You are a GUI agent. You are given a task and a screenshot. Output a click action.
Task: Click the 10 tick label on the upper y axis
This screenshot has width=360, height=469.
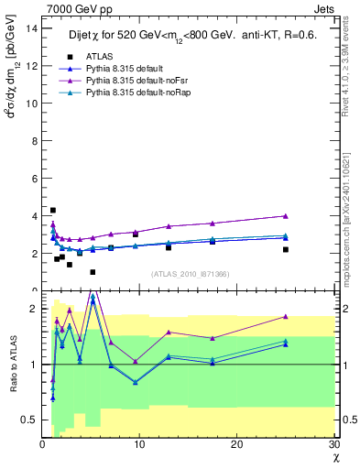pyautogui.click(x=31, y=103)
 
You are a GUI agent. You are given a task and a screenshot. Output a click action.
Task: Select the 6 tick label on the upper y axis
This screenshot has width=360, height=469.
pyautogui.click(x=34, y=178)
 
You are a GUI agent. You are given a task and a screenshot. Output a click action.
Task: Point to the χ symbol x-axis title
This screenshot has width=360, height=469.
pyautogui.click(x=335, y=457)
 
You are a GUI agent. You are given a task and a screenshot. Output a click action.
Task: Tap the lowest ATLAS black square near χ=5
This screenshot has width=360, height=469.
pyautogui.click(x=93, y=272)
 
